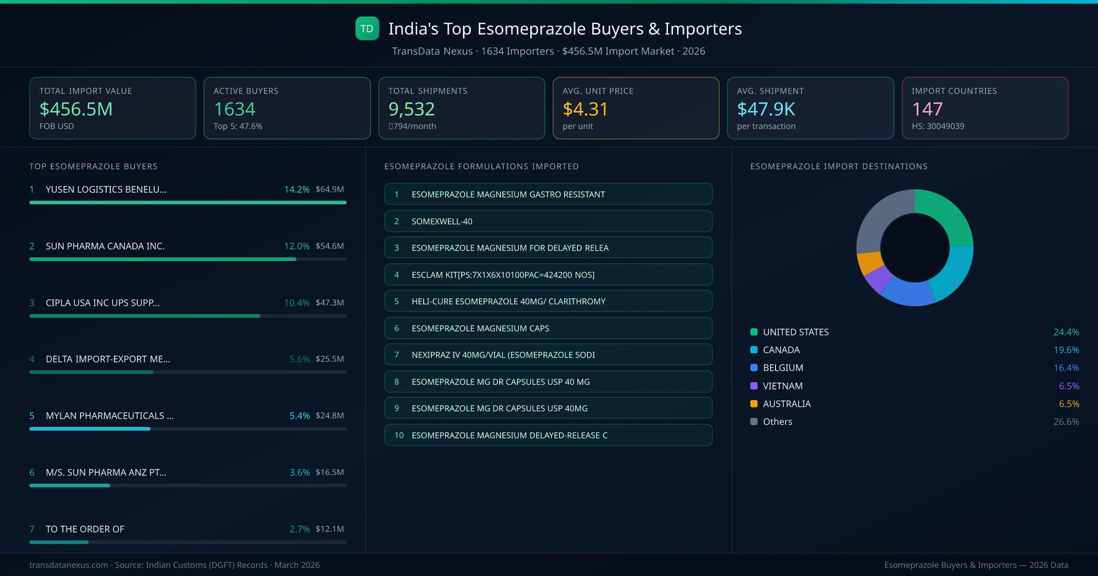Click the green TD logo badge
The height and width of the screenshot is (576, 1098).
(367, 28)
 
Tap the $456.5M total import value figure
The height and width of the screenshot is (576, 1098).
(76, 109)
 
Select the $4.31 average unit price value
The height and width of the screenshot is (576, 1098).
(585, 109)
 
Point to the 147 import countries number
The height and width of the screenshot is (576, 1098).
(927, 109)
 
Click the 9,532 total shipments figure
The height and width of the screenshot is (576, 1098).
(411, 109)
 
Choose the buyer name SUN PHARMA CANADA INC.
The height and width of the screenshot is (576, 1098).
(105, 246)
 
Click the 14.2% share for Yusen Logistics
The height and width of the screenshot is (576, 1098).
(296, 189)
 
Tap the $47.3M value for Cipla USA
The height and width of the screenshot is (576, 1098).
(329, 303)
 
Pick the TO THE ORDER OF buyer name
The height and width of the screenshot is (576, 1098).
(85, 529)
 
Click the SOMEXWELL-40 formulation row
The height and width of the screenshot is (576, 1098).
(548, 221)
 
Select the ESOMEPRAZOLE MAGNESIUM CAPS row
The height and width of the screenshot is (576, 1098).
(548, 328)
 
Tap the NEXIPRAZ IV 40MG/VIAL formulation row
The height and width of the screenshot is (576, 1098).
(548, 355)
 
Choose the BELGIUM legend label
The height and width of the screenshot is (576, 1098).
(783, 368)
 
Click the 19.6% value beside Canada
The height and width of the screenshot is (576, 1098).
(1066, 350)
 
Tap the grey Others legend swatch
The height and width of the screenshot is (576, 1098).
(754, 421)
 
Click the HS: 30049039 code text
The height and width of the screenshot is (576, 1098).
(937, 126)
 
